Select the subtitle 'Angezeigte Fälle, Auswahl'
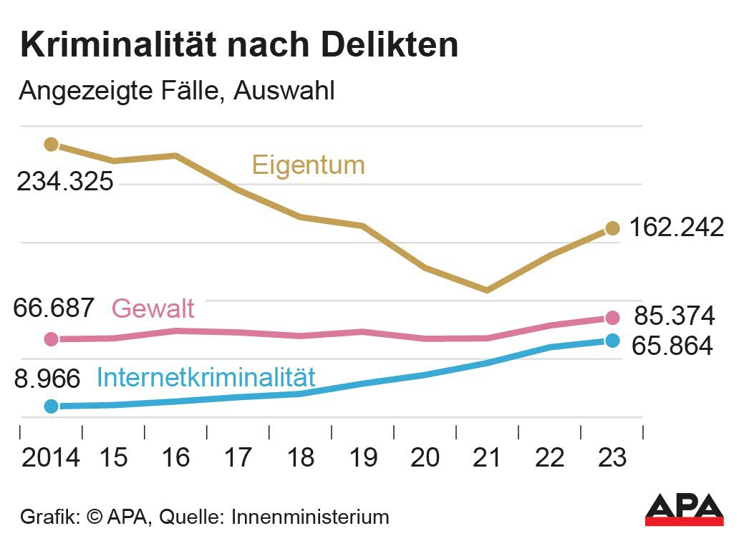pos(176,92)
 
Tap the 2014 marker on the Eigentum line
pos(51,145)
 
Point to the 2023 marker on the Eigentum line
pos(612,228)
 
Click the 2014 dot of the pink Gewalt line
pos(51,338)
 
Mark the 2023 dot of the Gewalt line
pos(612,318)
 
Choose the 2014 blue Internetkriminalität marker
pos(51,406)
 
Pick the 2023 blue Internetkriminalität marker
pos(612,340)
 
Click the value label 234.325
pos(65,182)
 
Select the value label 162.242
pos(677,228)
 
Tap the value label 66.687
pos(54,308)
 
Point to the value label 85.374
pos(675,316)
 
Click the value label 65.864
pos(672,346)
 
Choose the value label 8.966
pos(47,379)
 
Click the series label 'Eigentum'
pos(308,166)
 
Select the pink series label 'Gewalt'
pos(153,309)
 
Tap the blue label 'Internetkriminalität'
pos(206,377)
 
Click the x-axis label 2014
pos(51,457)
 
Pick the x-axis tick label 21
pos(488,457)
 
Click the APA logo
pos(685,509)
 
